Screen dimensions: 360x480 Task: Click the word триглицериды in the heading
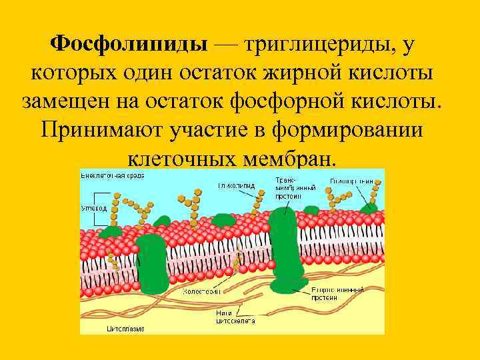click(x=315, y=45)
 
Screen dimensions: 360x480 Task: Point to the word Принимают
click(x=104, y=129)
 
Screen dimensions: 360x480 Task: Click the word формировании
click(x=347, y=129)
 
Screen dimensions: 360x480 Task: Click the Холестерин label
click(x=203, y=291)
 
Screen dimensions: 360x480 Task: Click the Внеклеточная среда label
click(x=112, y=175)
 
